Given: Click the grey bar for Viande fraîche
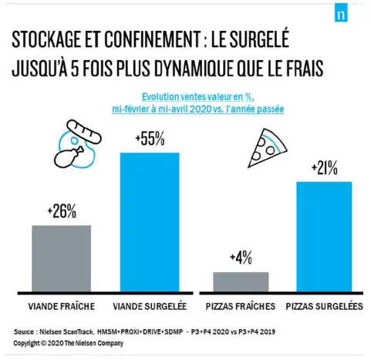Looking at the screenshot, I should [x=61, y=258].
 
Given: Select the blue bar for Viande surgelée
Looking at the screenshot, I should [x=150, y=222].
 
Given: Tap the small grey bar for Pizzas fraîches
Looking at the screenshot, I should [x=241, y=281].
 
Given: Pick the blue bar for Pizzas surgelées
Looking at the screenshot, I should [x=324, y=237].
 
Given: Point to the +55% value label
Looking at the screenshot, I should [x=150, y=140].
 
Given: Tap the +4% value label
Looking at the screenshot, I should [x=241, y=258].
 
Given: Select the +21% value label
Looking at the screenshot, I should [x=324, y=168].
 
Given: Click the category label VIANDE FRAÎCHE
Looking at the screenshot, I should [x=61, y=306].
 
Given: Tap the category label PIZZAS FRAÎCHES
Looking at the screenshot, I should [x=242, y=306].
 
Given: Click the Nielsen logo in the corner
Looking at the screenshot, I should [x=339, y=16].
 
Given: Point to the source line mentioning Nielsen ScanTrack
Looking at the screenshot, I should [x=144, y=331].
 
